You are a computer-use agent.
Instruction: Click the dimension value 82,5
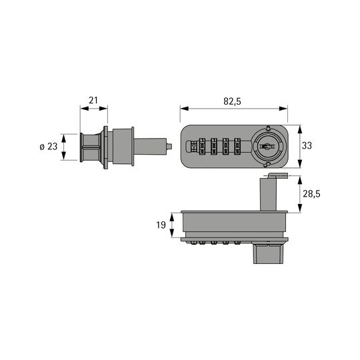tap(233, 101)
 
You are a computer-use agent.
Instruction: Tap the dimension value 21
tap(93, 100)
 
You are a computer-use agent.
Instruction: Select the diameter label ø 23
tap(49, 147)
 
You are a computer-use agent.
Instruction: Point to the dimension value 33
tap(307, 145)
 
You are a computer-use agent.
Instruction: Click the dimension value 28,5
tap(311, 194)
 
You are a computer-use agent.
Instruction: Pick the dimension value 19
tap(161, 225)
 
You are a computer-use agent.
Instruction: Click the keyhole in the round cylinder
tap(267, 146)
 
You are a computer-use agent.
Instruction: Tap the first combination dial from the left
tap(202, 146)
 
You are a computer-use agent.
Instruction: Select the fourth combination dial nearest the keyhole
tap(237, 146)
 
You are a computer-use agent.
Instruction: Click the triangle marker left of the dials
tap(194, 147)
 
